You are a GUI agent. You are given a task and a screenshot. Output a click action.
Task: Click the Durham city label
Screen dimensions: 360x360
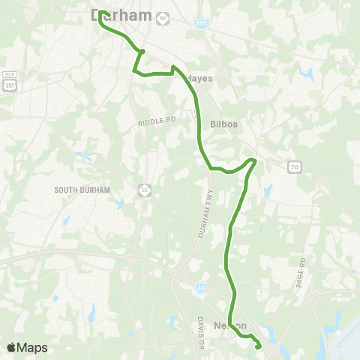[121, 14]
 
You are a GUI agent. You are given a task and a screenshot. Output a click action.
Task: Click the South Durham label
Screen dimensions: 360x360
[82, 190]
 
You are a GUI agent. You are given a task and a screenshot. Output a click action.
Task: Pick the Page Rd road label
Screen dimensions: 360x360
[301, 274]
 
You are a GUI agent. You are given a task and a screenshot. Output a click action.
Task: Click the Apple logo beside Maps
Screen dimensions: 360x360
[12, 346]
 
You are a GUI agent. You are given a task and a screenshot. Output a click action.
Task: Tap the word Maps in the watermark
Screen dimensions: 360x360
[33, 347]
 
